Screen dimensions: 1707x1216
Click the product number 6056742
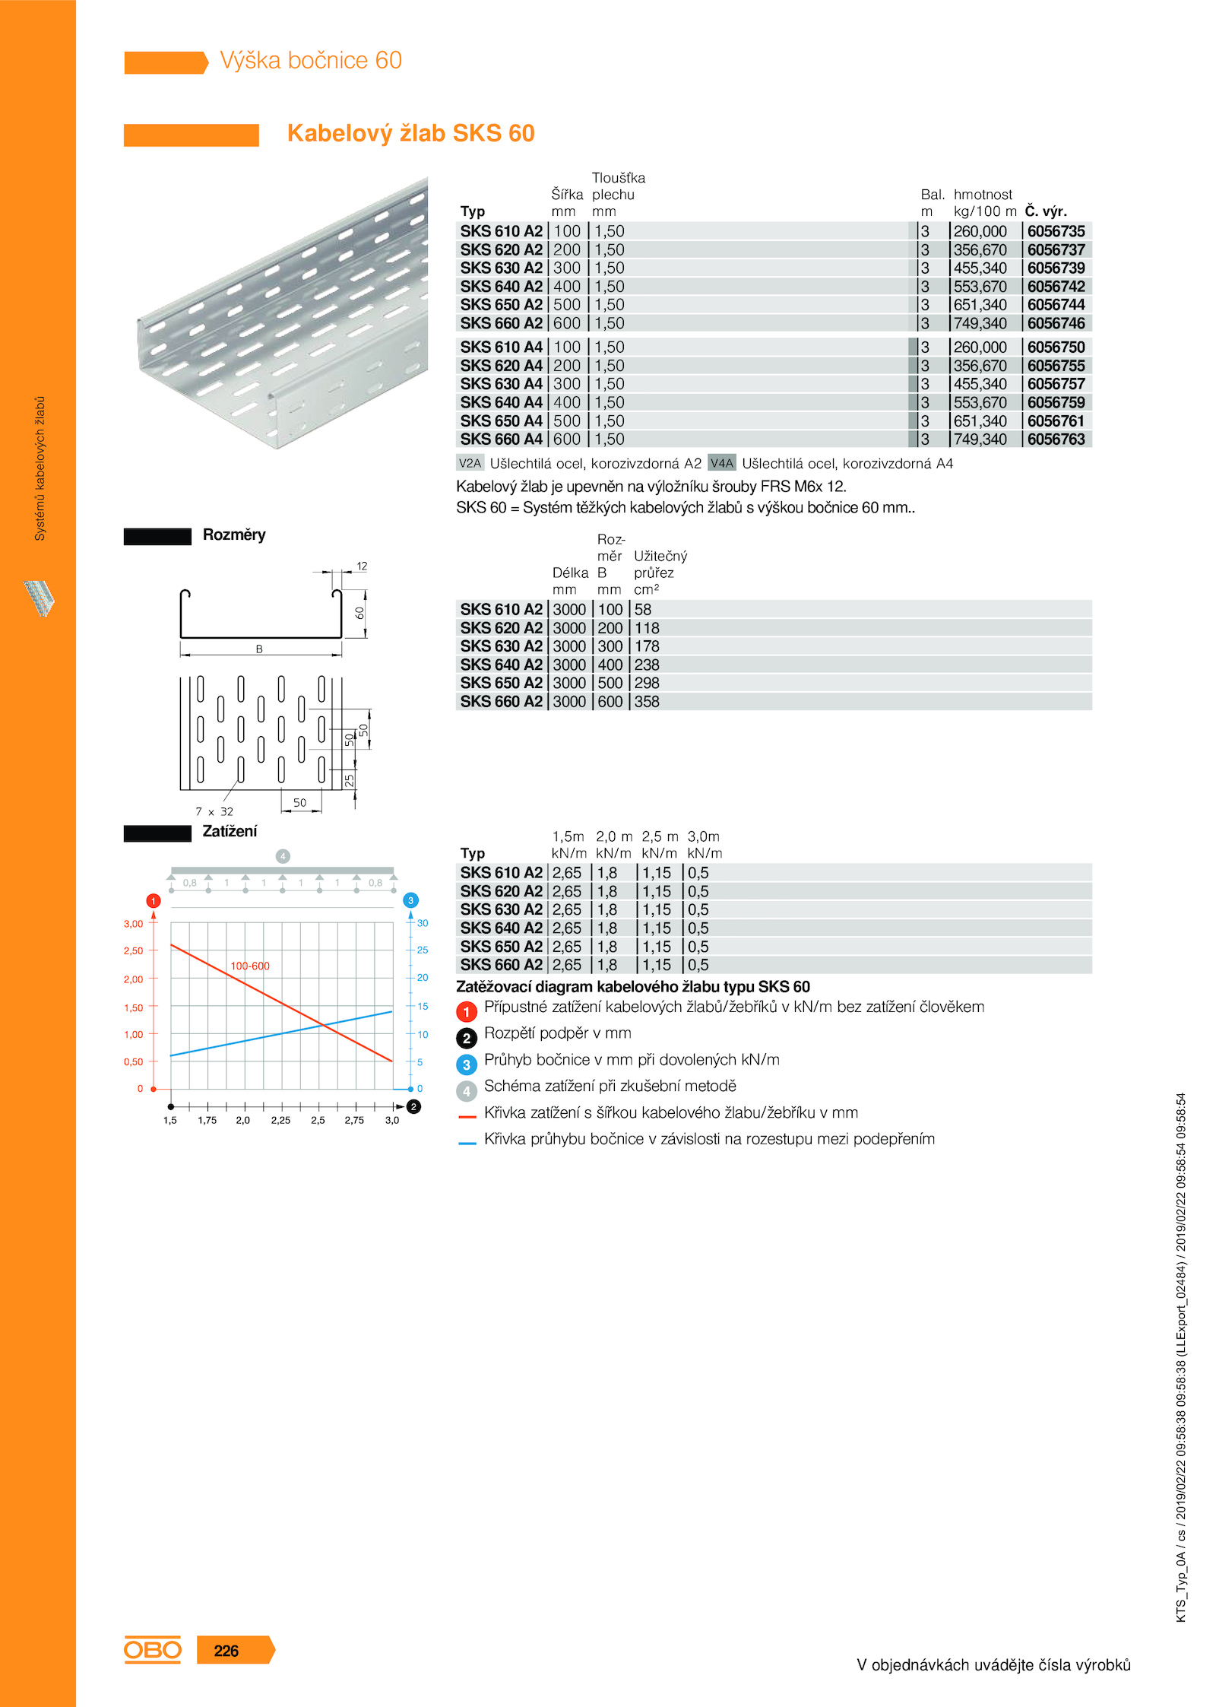(x=1056, y=287)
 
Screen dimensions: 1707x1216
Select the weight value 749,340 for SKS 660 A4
(x=980, y=439)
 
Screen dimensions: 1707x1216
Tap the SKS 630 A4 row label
(x=501, y=384)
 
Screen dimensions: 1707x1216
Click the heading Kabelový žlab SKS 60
(x=410, y=133)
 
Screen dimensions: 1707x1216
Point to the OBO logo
(x=153, y=1650)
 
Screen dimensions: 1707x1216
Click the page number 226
(x=226, y=1651)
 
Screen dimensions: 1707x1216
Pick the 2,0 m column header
(x=613, y=836)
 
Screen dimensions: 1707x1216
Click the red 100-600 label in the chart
(x=250, y=966)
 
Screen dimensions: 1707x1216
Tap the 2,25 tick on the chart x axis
(x=280, y=1120)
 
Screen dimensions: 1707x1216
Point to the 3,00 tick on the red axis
(x=133, y=924)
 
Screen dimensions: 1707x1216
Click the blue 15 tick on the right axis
(x=423, y=1006)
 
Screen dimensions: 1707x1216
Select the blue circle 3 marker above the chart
(x=410, y=900)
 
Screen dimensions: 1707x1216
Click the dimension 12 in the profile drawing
(x=362, y=566)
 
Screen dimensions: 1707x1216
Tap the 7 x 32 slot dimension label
(x=214, y=811)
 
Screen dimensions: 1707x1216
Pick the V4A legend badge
(x=721, y=463)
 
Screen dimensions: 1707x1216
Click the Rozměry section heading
(x=234, y=535)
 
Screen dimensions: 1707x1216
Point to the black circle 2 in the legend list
(x=467, y=1038)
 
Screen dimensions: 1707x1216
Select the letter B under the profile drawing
(x=259, y=649)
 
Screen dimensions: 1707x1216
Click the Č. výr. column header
(x=1046, y=211)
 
